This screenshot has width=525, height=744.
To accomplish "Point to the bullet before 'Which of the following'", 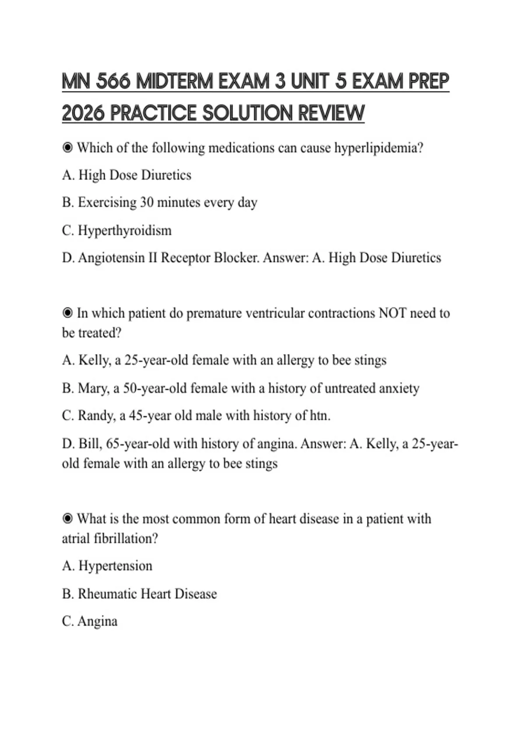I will tap(67, 148).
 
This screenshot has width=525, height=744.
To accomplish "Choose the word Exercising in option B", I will tap(107, 202).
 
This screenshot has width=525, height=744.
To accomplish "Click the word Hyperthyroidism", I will tap(125, 230).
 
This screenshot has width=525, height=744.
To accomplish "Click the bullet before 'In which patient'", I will tap(67, 313).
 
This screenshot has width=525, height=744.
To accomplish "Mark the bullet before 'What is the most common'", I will tap(67, 519).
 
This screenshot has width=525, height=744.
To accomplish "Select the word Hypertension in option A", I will tap(115, 566).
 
